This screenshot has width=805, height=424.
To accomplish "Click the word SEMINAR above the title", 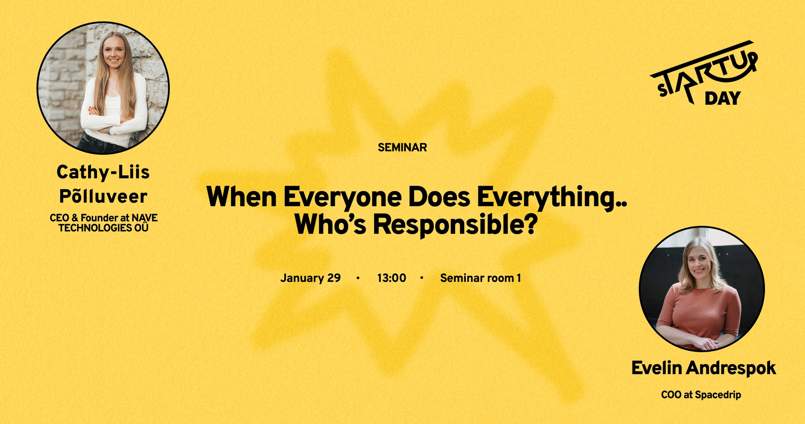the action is (x=402, y=147).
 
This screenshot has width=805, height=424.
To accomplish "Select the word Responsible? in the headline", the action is (x=455, y=225).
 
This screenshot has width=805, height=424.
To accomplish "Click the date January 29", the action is (x=310, y=278).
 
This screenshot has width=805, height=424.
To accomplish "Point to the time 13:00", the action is (x=391, y=278).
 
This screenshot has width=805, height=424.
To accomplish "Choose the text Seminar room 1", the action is (x=480, y=278).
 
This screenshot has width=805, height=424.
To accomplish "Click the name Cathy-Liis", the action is (x=103, y=172).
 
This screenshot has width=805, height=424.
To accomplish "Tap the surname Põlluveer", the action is (x=103, y=196).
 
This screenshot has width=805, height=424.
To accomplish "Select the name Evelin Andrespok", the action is (x=704, y=368).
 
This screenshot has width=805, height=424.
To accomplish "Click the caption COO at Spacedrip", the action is (x=701, y=395).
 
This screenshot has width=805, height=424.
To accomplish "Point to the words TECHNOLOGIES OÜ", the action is (x=103, y=228).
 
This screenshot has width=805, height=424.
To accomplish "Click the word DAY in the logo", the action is (x=722, y=98).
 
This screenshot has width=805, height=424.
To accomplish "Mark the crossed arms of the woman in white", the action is (x=114, y=122).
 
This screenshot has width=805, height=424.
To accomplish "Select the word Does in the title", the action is (x=439, y=197).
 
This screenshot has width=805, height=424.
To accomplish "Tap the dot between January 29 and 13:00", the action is (x=358, y=278).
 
